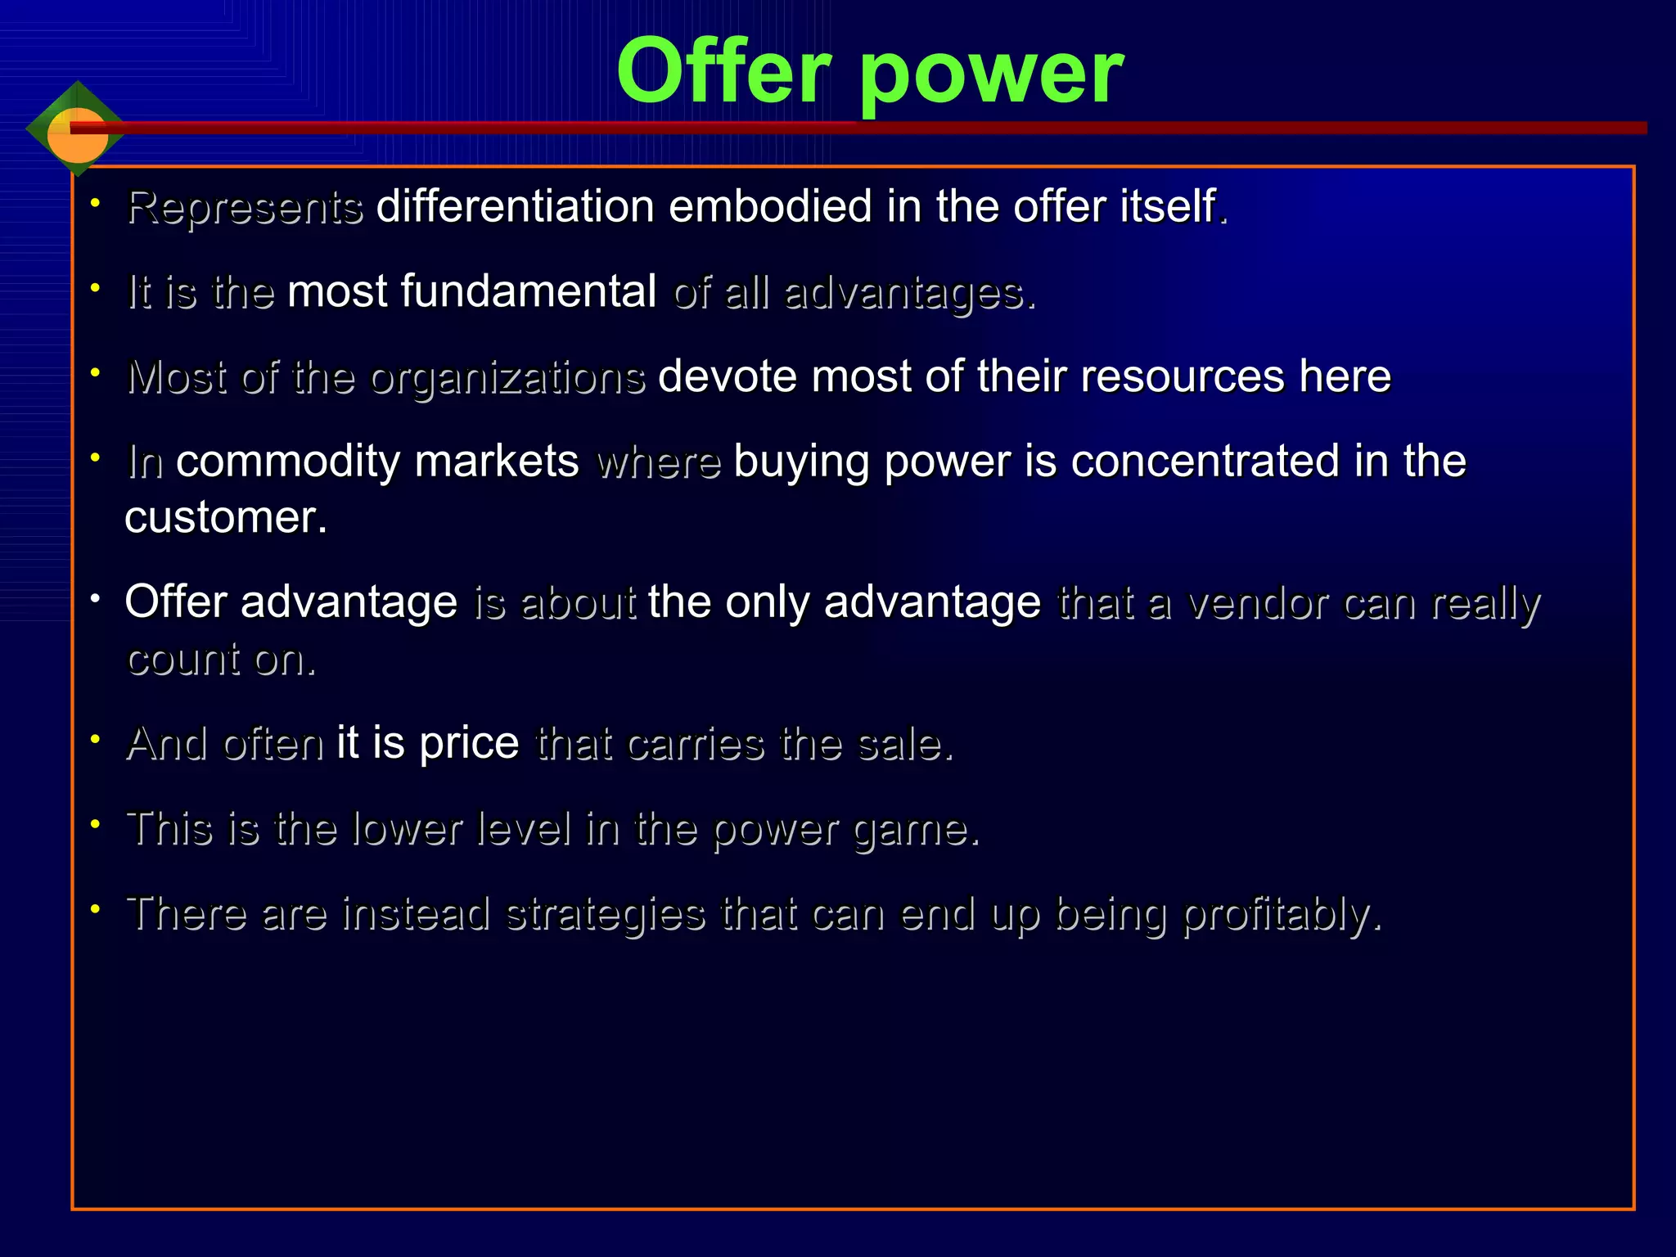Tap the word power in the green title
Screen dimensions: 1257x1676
[x=991, y=75]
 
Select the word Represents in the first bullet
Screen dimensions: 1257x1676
[x=245, y=207]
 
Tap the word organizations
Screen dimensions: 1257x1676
[x=507, y=378]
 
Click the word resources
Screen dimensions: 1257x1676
[x=1183, y=376]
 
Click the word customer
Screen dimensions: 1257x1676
[x=225, y=518]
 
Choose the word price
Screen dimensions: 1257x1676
[x=469, y=744]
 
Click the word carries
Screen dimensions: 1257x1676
[x=696, y=744]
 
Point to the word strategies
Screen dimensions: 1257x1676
[x=606, y=914]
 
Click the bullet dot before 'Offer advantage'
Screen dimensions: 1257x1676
[x=96, y=599]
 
